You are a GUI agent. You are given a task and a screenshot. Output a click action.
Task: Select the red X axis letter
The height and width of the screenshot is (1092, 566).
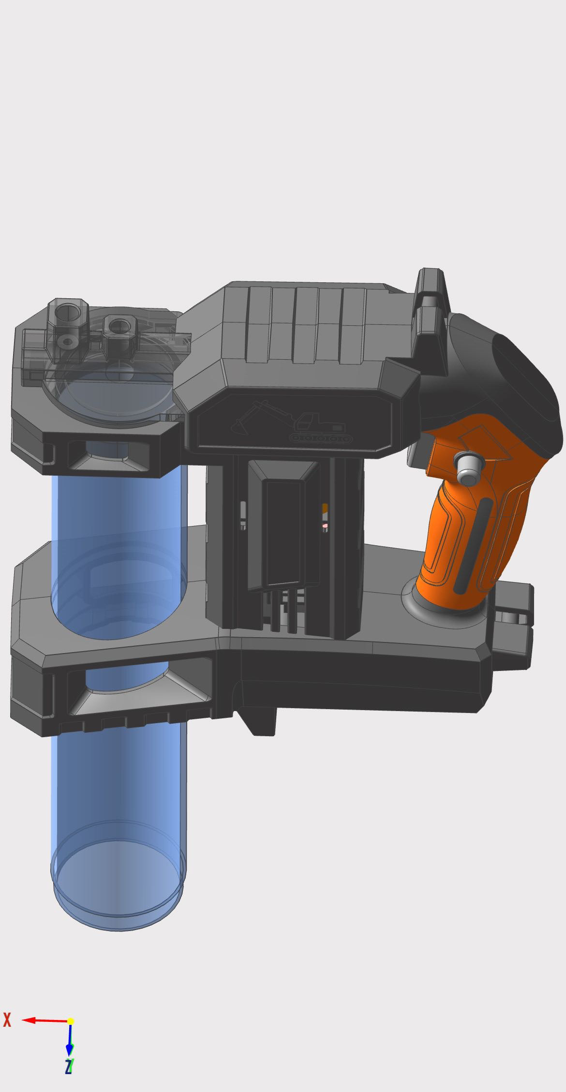[7, 1020]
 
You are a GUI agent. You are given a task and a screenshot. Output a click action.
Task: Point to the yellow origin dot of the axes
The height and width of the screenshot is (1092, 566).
[71, 1021]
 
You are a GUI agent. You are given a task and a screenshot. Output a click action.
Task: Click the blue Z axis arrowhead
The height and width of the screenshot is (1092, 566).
[70, 1048]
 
